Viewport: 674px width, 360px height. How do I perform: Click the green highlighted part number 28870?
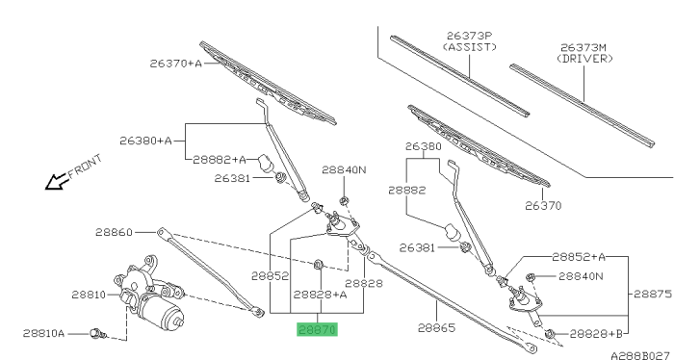(317, 329)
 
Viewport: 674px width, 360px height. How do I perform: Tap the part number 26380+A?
(144, 140)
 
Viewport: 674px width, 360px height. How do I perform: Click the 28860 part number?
(116, 232)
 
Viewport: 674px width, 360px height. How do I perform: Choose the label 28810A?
(43, 333)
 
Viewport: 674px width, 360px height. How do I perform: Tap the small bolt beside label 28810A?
(96, 334)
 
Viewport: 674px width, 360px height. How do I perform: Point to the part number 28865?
(436, 328)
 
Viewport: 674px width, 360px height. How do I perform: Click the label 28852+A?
(579, 257)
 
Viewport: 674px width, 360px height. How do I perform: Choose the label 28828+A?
(320, 295)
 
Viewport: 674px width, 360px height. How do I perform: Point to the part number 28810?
(89, 295)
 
